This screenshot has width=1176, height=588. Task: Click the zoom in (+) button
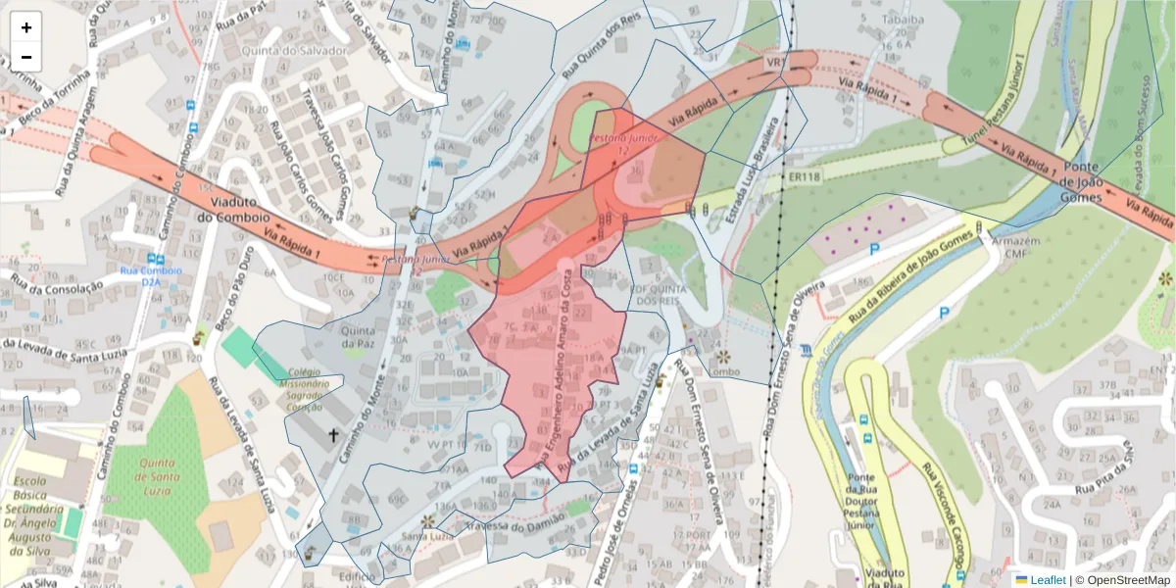(x=26, y=28)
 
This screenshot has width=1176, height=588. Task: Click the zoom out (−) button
(x=26, y=57)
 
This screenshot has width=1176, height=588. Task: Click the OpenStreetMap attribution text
(x=1122, y=579)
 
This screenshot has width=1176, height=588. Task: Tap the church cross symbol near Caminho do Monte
(x=332, y=435)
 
